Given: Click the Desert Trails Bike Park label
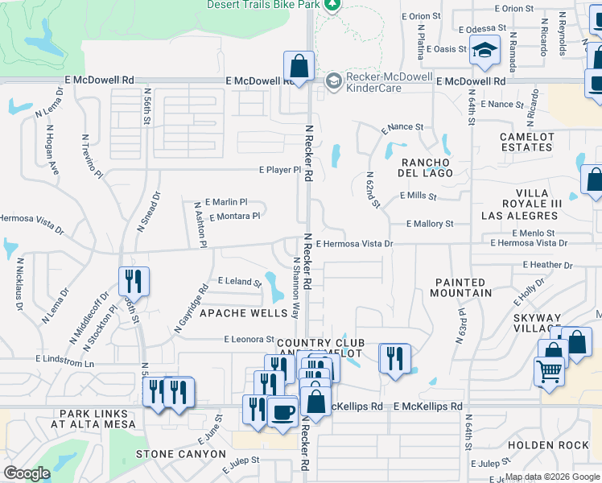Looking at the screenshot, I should pos(264,4).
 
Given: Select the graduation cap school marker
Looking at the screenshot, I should pos(485,51).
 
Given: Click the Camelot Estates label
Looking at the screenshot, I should pos(527,142).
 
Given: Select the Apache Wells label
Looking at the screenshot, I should pos(243,312).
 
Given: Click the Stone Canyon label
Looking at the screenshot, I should pos(181,454).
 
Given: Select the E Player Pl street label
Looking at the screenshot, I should pos(279,171).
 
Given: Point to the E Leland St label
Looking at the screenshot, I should pos(240,282).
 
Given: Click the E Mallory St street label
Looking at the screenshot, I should pos(430,224).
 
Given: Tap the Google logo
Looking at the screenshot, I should pos(27,473).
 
